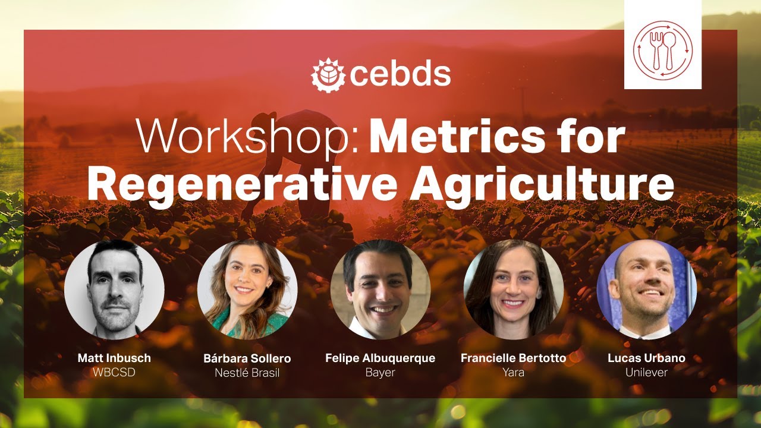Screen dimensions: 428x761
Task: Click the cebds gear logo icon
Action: point(328,75)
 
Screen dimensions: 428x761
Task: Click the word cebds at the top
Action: point(400,75)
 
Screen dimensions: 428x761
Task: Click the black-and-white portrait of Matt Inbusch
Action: point(115,289)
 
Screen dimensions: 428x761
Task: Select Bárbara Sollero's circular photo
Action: point(247,289)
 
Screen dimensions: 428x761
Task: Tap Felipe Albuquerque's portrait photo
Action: point(380,289)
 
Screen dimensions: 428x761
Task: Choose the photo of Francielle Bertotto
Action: point(513,289)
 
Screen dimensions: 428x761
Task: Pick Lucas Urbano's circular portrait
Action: point(646,289)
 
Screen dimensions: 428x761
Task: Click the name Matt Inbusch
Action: point(114,358)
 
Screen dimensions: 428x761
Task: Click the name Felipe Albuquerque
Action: point(380,358)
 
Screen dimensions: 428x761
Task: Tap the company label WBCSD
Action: point(114,373)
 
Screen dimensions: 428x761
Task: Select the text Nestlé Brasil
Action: point(247,373)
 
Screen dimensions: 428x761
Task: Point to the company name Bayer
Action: point(380,373)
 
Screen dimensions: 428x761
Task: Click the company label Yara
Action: point(513,373)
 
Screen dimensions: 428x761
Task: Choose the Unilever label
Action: point(646,373)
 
